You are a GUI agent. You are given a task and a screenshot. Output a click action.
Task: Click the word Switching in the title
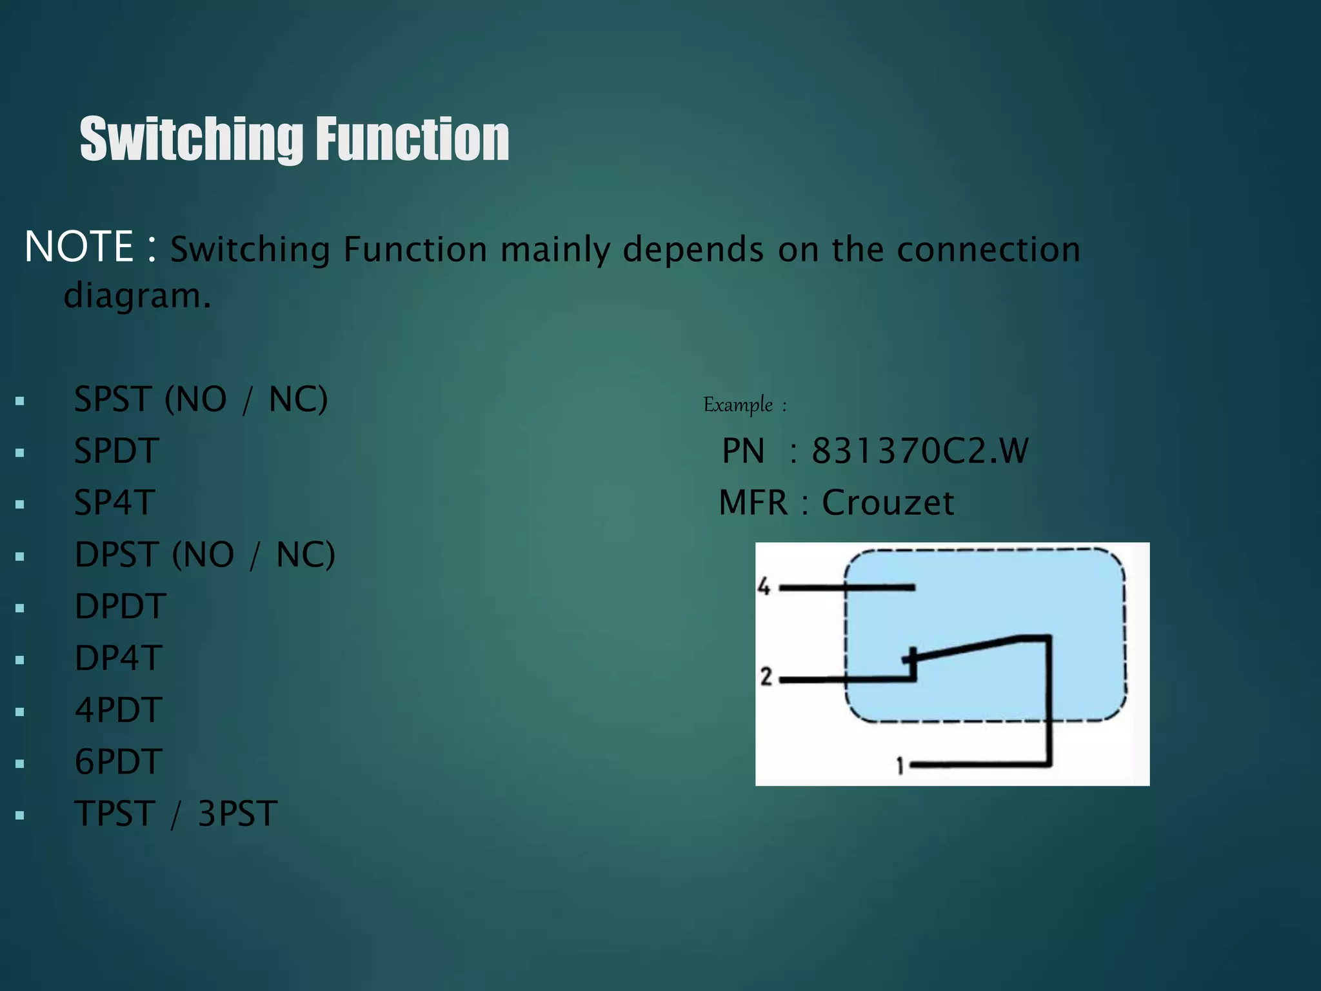coord(192,139)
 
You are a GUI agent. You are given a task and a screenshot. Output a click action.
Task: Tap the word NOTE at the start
coord(79,247)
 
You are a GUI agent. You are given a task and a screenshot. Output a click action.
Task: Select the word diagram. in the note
coord(137,296)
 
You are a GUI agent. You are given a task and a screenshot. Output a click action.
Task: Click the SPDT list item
coord(117,451)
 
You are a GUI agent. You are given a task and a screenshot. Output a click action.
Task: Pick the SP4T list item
coord(115,503)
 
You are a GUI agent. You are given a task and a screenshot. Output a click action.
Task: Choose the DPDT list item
coord(121,606)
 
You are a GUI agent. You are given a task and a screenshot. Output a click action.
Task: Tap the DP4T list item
coord(119,658)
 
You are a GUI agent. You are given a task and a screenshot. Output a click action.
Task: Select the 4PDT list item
coord(119,710)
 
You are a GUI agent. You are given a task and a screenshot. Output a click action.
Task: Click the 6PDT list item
coord(119,762)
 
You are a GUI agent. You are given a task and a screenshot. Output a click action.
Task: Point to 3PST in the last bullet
coord(237,814)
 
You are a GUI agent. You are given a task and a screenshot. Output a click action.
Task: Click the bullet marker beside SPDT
coord(20,453)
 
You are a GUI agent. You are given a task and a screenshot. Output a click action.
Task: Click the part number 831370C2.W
coord(920,451)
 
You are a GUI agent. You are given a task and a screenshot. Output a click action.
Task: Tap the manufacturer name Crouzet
coord(888,503)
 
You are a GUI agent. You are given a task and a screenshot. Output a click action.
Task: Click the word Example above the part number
coord(738,405)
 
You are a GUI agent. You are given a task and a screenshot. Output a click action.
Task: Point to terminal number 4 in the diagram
coord(764,587)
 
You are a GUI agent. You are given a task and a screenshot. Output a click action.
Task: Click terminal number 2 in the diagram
coord(766,677)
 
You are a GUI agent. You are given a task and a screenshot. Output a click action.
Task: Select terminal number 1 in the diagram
coord(900,766)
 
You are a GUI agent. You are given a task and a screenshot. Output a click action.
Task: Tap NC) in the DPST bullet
coord(306,555)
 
